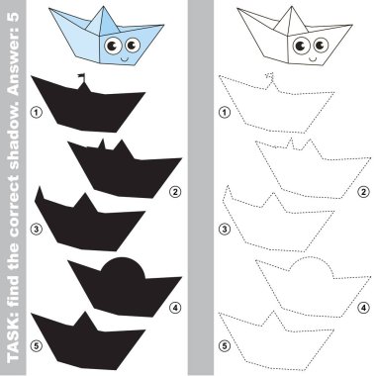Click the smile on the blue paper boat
(124, 59)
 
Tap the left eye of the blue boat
(113, 46)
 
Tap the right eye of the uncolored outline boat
(321, 45)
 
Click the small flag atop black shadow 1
(81, 77)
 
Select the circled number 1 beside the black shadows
(37, 113)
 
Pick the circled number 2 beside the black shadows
(175, 192)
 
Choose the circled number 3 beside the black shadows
(37, 229)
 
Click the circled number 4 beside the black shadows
(175, 308)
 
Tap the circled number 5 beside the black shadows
(37, 345)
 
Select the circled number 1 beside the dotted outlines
(225, 113)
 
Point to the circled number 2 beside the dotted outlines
(363, 192)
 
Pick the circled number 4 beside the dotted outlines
(363, 308)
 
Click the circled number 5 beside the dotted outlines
(225, 345)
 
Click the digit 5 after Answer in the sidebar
(13, 18)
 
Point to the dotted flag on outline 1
(270, 76)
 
